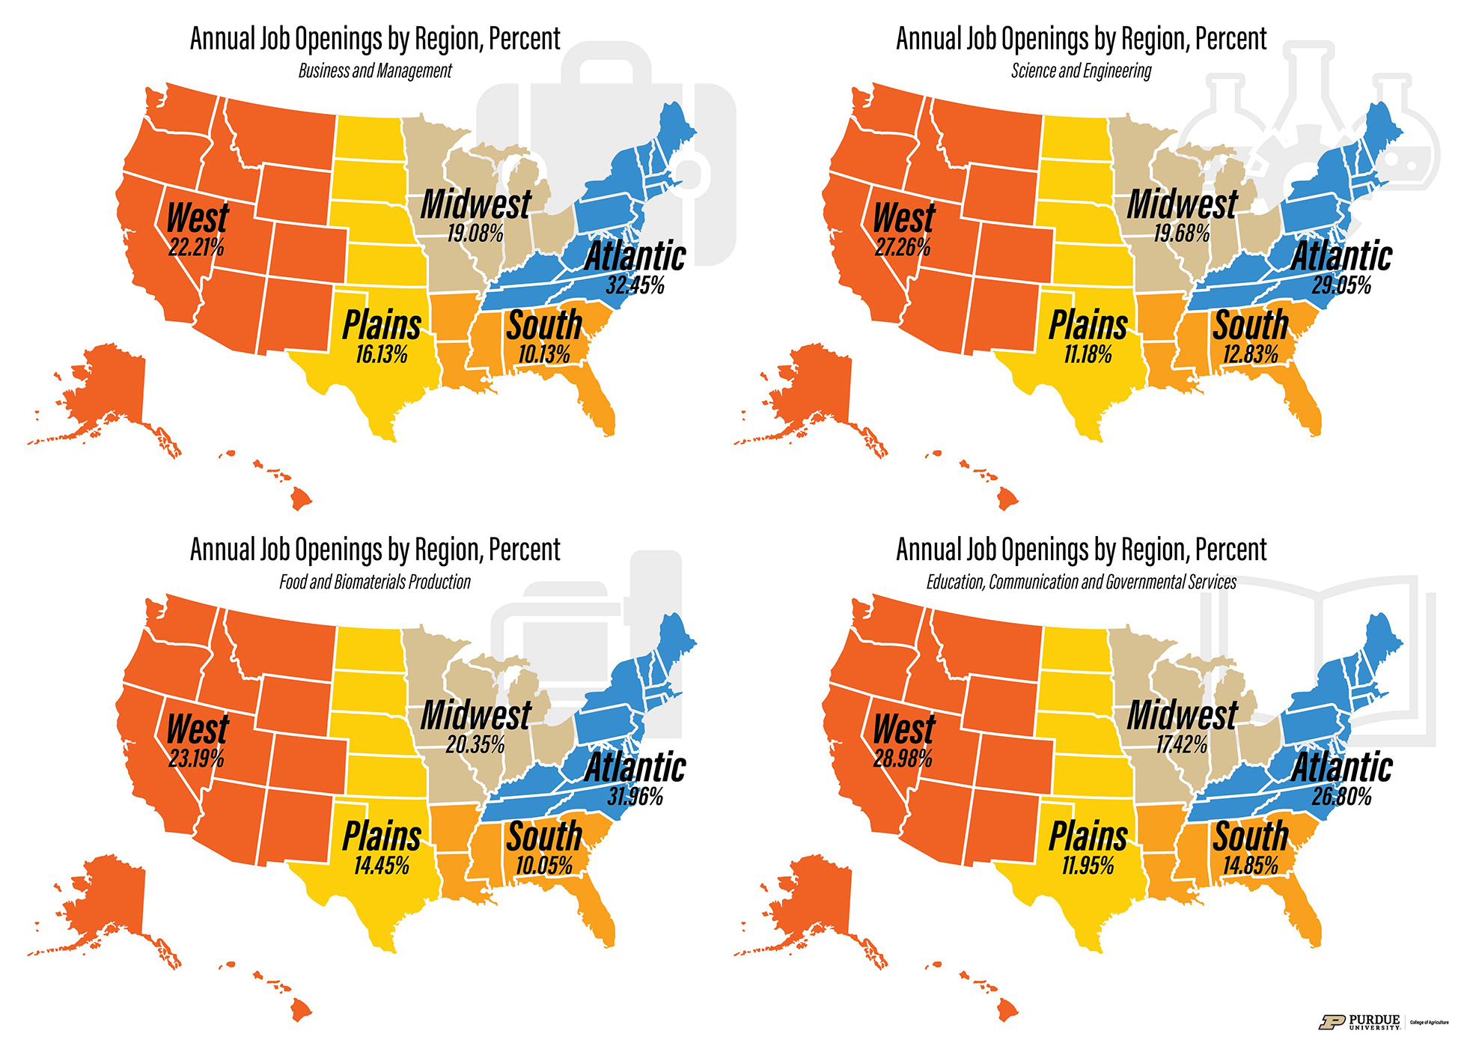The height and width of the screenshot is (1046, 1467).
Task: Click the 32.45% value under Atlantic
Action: coord(635,285)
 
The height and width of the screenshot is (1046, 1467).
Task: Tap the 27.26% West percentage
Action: coord(903,247)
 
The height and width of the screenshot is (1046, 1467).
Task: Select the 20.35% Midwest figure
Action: coord(475,745)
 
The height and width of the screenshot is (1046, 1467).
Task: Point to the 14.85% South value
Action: coord(1250,866)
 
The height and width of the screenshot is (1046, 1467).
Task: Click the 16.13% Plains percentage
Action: coord(381,354)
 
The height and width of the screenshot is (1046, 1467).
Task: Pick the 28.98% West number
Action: coord(903,758)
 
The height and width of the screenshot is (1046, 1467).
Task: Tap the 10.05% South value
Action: coord(544,866)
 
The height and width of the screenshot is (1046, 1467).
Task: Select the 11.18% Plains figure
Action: coord(1088,354)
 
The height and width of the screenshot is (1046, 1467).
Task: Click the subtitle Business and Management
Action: coord(375,71)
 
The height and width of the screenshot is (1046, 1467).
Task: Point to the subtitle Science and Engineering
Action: coord(1081,71)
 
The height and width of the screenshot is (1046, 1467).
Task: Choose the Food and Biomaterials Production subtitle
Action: coord(375,583)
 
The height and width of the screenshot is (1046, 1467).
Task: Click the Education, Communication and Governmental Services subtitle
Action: coord(1081,583)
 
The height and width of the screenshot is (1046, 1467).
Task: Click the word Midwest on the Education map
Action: coord(1182,715)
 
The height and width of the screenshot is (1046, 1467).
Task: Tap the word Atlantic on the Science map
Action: coord(1341,256)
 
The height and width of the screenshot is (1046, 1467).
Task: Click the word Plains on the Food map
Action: coord(382,836)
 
